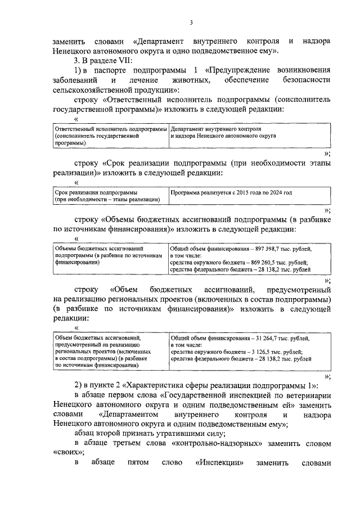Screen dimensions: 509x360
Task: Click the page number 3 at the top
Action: (191, 22)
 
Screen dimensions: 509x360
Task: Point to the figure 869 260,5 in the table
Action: (265, 262)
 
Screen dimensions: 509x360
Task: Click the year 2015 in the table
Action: (240, 192)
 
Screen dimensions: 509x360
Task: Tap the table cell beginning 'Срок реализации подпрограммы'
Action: (107, 196)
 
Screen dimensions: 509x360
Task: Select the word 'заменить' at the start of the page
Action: (70, 41)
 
